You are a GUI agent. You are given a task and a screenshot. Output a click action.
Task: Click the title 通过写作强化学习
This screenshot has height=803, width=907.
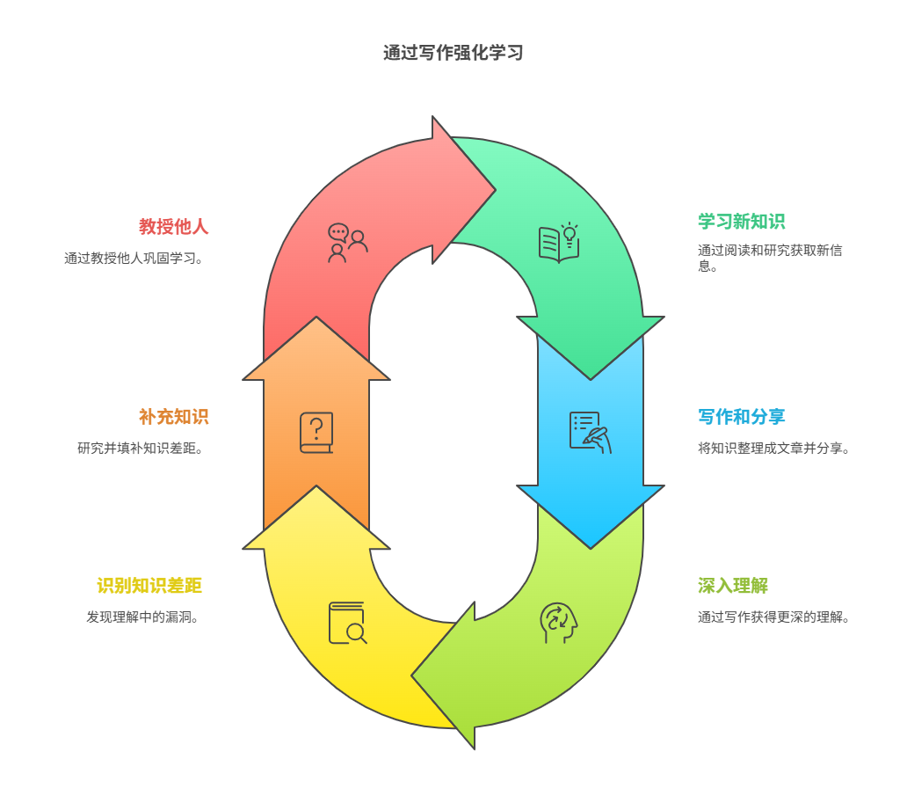click(453, 53)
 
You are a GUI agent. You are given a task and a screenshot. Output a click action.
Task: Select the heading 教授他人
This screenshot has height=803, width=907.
click(173, 227)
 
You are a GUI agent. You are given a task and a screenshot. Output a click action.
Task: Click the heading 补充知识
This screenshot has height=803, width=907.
click(173, 417)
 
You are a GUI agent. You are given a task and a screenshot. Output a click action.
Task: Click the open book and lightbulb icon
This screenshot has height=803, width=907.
click(558, 243)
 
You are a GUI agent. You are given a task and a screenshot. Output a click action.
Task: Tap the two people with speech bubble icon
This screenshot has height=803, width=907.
click(347, 243)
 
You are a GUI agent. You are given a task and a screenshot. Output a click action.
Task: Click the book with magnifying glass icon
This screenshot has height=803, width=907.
click(347, 623)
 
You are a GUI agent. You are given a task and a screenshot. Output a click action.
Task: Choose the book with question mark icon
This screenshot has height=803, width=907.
click(316, 433)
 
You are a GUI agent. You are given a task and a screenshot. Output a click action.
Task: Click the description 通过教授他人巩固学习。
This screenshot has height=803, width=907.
click(134, 259)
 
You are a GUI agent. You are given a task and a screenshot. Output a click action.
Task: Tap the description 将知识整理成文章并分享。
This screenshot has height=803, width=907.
click(773, 449)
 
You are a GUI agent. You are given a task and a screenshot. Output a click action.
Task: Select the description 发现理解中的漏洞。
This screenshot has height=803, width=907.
click(142, 617)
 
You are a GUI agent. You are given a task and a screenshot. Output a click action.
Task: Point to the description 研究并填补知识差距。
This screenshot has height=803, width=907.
click(141, 449)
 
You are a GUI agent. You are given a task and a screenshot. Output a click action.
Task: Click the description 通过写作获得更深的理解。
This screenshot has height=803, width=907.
click(773, 617)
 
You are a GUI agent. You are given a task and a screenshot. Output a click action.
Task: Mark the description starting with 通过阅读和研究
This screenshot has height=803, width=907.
click(770, 258)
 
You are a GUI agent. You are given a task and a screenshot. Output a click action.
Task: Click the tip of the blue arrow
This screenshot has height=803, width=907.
click(591, 547)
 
